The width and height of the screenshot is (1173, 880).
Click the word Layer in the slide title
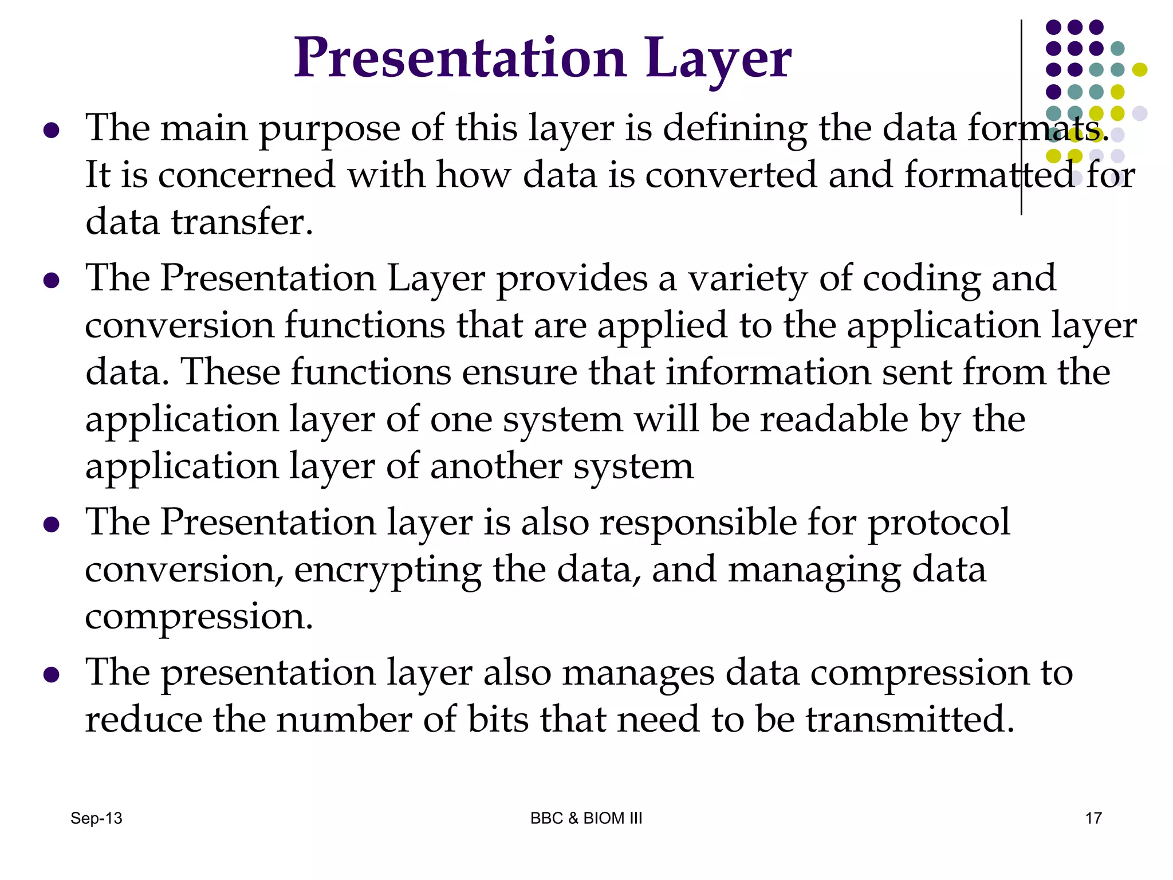tap(718, 59)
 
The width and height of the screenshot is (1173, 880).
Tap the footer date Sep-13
tap(96, 818)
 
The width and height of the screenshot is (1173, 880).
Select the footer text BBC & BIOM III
tap(586, 818)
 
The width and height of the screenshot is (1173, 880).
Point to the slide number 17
tap(1093, 818)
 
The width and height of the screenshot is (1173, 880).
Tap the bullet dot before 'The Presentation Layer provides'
tap(52, 281)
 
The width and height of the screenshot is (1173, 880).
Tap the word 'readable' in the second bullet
tap(834, 419)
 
